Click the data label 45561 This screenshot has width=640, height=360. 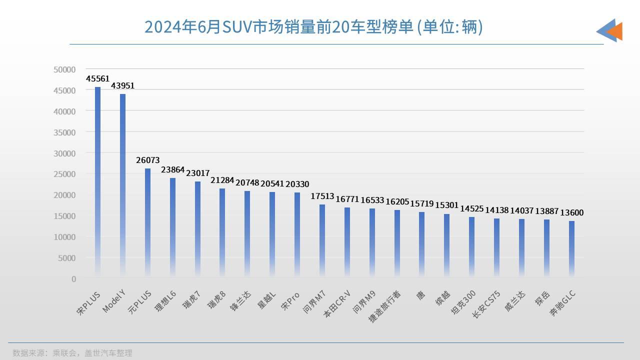click(x=98, y=78)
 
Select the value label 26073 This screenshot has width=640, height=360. click(x=148, y=160)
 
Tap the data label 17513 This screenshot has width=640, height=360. click(x=322, y=196)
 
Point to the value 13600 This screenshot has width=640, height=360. click(x=571, y=212)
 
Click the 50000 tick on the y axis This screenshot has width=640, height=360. click(x=64, y=69)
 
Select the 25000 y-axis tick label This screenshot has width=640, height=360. click(x=64, y=174)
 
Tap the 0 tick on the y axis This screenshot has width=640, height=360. click(x=73, y=278)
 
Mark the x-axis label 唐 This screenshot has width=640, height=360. click(x=421, y=295)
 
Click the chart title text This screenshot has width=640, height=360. click(x=313, y=26)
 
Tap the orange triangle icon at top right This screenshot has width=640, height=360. click(x=615, y=31)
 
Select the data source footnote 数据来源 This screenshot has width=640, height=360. click(x=72, y=353)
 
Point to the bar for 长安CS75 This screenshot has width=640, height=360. click(x=496, y=247)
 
